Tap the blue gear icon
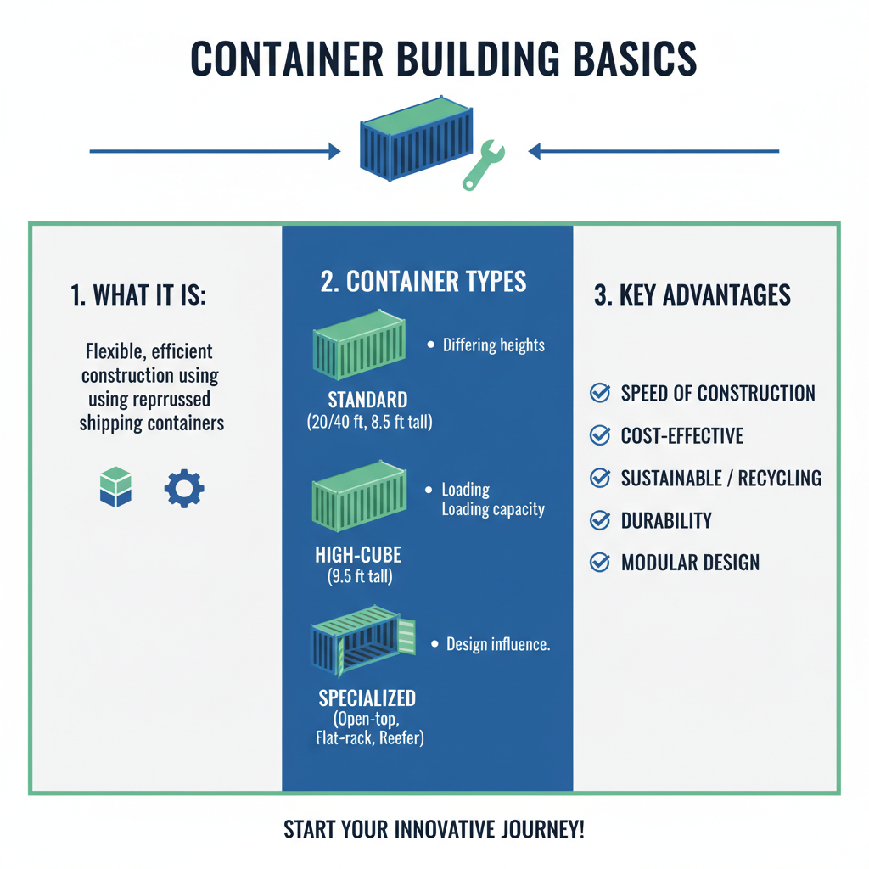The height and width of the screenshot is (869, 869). click(x=183, y=489)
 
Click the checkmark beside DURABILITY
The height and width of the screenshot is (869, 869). click(x=600, y=520)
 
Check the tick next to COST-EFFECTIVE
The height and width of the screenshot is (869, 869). click(x=600, y=435)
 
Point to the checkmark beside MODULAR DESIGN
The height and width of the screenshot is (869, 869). click(x=600, y=562)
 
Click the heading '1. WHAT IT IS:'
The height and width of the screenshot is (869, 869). click(x=139, y=295)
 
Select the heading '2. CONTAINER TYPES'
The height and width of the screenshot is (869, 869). click(x=423, y=282)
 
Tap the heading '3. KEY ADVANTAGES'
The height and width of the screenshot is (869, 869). click(x=692, y=295)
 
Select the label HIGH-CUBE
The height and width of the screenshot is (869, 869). click(x=357, y=556)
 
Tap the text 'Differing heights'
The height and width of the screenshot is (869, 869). click(x=493, y=345)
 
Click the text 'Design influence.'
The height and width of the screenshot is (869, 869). click(x=498, y=644)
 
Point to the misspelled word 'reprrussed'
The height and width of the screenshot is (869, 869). click(x=169, y=399)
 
